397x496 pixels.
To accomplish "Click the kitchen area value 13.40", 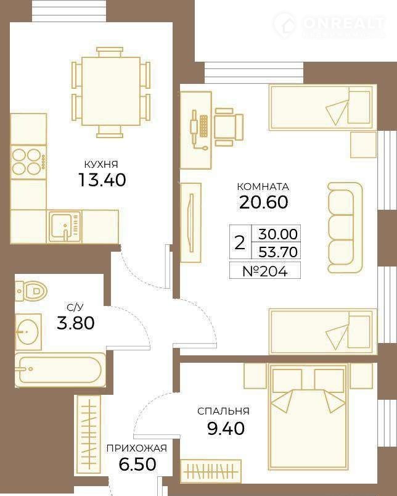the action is click(x=102, y=180).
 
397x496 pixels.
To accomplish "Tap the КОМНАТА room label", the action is click(x=263, y=187).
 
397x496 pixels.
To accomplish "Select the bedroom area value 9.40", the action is click(x=226, y=429).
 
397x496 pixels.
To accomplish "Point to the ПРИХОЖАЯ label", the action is click(x=137, y=448).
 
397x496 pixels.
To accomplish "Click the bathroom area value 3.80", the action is click(x=76, y=323).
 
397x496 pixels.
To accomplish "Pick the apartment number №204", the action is click(x=265, y=271).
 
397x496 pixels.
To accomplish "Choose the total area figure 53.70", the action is click(x=278, y=252).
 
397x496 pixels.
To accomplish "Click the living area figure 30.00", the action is click(x=278, y=234).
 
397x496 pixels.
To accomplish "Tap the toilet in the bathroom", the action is click(x=31, y=290).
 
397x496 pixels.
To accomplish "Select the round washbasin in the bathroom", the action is click(x=28, y=331).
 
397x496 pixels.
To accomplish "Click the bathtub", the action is click(x=60, y=370).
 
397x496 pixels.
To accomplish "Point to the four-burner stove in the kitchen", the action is click(x=28, y=162).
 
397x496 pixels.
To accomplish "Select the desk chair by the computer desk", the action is click(x=228, y=127).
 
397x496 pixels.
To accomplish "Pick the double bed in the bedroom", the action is click(x=308, y=415).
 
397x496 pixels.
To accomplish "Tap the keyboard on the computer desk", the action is click(x=203, y=126).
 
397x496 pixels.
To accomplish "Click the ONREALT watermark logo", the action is click(x=329, y=25).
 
